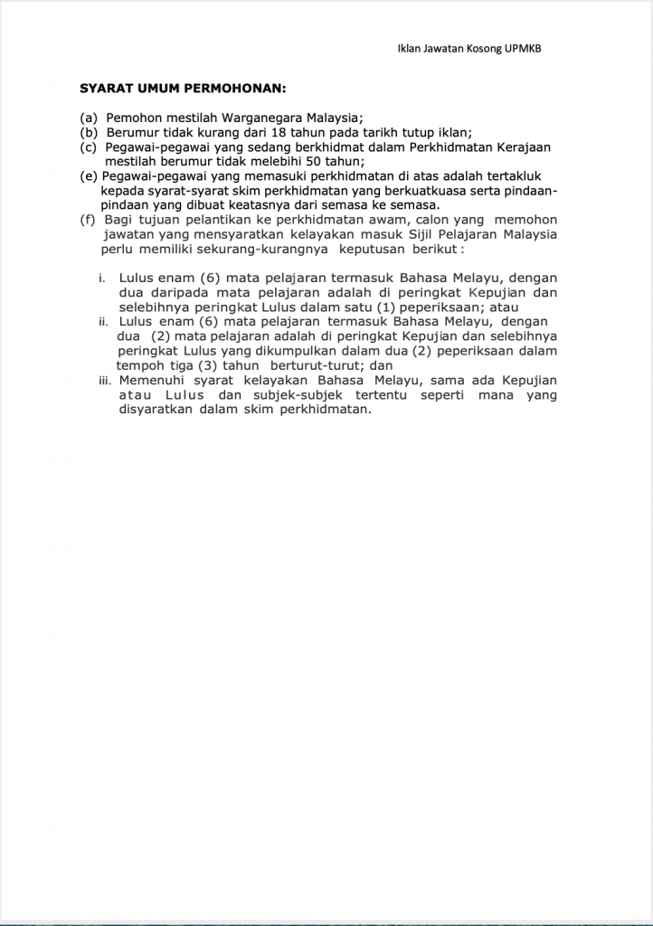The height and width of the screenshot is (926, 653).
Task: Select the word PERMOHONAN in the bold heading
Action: point(233,89)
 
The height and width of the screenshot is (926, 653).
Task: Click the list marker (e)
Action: point(89,175)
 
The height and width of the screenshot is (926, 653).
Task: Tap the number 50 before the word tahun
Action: point(305,161)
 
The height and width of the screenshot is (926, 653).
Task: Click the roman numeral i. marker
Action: point(103,278)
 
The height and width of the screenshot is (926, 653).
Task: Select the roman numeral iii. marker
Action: point(105,380)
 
